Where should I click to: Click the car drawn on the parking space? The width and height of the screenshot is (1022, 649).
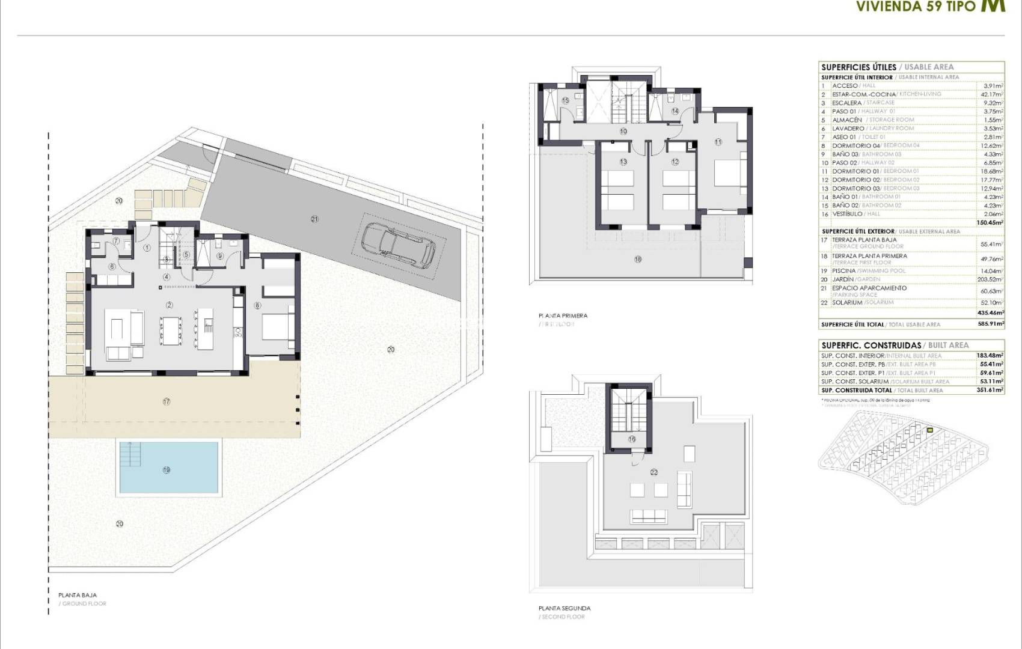coord(399,245)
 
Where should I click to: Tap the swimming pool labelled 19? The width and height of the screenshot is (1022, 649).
coord(169,468)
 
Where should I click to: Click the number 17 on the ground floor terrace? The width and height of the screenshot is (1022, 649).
coord(166,401)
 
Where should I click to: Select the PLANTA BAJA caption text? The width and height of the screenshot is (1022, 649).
coord(78,595)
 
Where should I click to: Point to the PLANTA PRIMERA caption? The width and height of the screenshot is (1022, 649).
coord(563,315)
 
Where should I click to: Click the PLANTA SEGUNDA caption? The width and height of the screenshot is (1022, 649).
coord(564,608)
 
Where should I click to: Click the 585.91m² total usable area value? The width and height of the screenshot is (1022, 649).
coord(990,324)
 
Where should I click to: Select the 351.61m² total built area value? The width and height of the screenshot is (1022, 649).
coord(990,390)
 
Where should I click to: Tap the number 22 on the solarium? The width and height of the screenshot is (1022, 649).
coord(653,472)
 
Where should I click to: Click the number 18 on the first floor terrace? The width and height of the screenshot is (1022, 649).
coord(638,260)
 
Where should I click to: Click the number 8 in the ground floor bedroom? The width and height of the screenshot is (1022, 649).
coord(257,305)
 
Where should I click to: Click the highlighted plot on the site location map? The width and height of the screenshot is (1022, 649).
coord(929,430)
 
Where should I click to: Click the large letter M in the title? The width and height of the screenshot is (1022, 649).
coord(993,5)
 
